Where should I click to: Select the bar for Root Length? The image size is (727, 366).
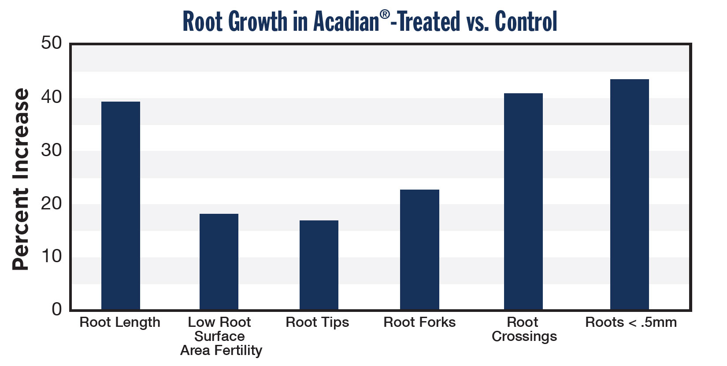pos(121,206)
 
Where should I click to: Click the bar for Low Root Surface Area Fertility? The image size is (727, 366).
pos(219,262)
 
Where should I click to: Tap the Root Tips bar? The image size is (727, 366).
pos(319,265)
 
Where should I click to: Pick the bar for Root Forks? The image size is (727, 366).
pos(419,250)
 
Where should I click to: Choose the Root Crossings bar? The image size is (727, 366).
pos(523,201)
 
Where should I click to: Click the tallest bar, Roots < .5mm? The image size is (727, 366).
pos(630,194)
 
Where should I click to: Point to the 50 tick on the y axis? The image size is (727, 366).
pos(51,43)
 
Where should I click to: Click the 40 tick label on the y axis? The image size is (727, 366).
pos(51,97)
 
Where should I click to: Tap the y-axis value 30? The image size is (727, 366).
pos(51,150)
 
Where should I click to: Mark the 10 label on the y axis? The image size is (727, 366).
pos(51,256)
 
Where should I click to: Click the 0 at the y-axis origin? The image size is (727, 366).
pos(57,310)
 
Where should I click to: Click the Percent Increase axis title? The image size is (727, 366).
pos(21,179)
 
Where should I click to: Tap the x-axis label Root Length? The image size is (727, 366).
pos(120,322)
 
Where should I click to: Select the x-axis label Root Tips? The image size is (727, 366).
pos(317,322)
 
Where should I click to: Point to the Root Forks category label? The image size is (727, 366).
pos(419,322)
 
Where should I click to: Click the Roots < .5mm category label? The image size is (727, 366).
pos(631,322)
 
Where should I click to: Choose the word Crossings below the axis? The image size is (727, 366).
pos(524,337)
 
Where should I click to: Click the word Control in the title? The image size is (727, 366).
pos(526,22)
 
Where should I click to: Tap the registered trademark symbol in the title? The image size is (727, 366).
pos(385,14)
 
